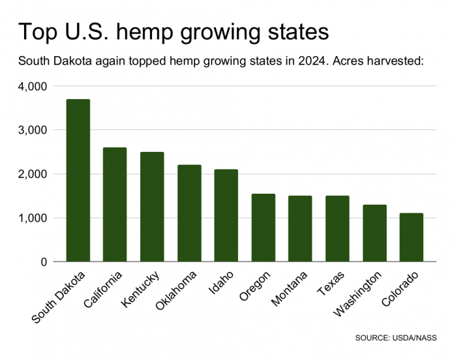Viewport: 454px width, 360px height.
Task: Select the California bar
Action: (115, 204)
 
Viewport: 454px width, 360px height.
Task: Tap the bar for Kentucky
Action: (152, 207)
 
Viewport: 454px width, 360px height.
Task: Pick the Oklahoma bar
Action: (189, 213)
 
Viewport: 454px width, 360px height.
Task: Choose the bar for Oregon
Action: (264, 228)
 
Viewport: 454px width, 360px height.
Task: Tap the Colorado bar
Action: (412, 237)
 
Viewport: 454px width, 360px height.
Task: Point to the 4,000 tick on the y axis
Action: (32, 86)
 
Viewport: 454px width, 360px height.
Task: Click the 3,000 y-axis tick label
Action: (32, 130)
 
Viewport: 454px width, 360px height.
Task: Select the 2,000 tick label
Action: (32, 174)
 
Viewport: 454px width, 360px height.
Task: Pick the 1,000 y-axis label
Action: (32, 218)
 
